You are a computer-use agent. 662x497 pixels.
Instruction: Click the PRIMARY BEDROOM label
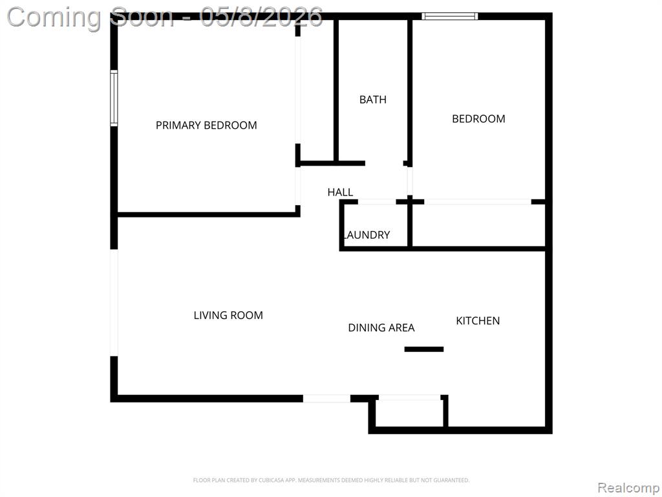(x=206, y=125)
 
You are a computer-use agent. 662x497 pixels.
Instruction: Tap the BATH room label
(x=373, y=99)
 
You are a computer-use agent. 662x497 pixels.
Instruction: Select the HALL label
(x=340, y=192)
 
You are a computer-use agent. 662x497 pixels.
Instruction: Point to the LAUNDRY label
(x=367, y=234)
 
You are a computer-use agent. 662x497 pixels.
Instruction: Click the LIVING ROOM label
(x=228, y=315)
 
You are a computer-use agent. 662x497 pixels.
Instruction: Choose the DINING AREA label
(x=381, y=327)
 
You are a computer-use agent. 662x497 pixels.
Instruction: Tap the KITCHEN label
(x=478, y=321)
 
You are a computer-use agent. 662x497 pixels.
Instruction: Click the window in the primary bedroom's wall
(x=114, y=98)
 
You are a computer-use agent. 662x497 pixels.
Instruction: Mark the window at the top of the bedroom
(x=450, y=16)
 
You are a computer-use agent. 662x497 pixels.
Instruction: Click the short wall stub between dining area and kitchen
(x=424, y=349)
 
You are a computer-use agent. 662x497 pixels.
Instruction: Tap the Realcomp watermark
(x=628, y=488)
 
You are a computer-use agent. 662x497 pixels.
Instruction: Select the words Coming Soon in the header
(x=90, y=17)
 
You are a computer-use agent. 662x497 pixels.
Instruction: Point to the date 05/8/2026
(x=262, y=17)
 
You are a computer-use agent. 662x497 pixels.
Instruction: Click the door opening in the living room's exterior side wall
(x=114, y=303)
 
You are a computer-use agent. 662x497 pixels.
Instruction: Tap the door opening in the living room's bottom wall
(x=326, y=399)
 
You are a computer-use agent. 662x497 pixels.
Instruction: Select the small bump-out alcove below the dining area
(x=409, y=413)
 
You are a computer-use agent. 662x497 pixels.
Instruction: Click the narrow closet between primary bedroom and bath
(x=317, y=89)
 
